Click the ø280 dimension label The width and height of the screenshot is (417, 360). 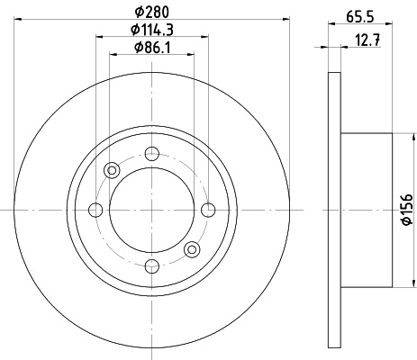[151, 12]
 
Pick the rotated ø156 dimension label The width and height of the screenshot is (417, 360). [405, 209]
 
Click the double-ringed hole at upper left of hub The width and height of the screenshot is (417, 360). [113, 170]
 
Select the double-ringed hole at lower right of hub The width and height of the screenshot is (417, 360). [191, 248]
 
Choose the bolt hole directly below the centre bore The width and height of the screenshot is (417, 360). [151, 265]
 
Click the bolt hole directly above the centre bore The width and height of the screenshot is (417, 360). [151, 154]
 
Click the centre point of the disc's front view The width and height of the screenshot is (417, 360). [151, 210]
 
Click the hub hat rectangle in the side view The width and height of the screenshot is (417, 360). [366, 209]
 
